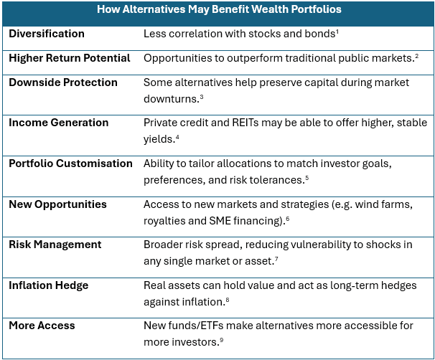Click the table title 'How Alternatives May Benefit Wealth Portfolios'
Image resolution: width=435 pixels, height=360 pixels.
click(219, 9)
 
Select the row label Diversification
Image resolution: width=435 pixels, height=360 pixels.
click(47, 34)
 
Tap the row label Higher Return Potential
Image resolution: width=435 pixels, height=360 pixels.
click(70, 58)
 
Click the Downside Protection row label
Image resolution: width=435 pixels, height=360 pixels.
click(63, 82)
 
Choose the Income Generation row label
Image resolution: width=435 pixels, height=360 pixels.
click(59, 123)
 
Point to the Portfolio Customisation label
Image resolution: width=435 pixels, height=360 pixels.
click(70, 164)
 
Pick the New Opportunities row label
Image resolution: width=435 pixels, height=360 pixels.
click(57, 204)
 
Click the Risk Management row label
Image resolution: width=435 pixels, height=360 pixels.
click(55, 245)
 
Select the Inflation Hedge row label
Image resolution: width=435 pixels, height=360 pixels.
click(49, 285)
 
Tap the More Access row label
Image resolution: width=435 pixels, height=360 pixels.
click(42, 326)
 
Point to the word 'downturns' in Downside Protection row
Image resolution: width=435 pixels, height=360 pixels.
click(170, 99)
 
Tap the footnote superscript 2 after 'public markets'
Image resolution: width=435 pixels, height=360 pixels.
click(416, 56)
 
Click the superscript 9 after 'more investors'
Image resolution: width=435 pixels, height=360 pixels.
click(222, 340)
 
